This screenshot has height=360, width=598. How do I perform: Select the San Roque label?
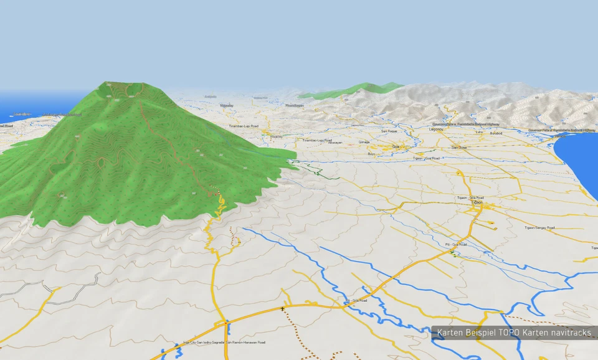point(389,131)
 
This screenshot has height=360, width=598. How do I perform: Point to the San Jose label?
point(459,147)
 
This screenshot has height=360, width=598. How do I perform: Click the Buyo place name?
point(372,153)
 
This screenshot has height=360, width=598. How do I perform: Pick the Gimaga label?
point(364,142)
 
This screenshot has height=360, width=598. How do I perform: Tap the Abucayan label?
point(335,143)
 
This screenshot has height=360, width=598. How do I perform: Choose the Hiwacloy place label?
point(277,136)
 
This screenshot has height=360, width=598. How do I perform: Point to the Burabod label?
point(496,133)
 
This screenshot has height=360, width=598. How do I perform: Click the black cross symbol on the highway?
point(283,308)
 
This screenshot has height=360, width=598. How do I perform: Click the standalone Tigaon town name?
point(477,202)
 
